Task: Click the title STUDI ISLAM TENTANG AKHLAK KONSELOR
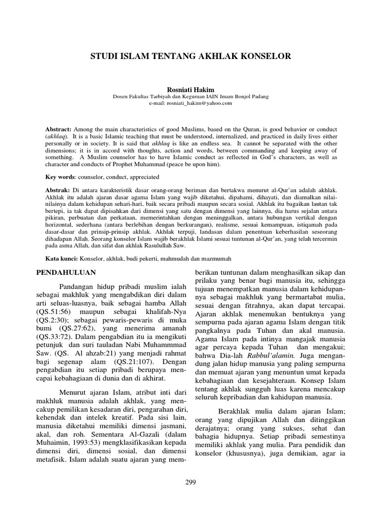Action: coord(190,57)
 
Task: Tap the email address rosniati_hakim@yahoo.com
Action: coord(190,103)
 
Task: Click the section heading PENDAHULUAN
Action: coord(68,273)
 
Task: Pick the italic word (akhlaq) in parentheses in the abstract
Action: coord(57,136)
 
